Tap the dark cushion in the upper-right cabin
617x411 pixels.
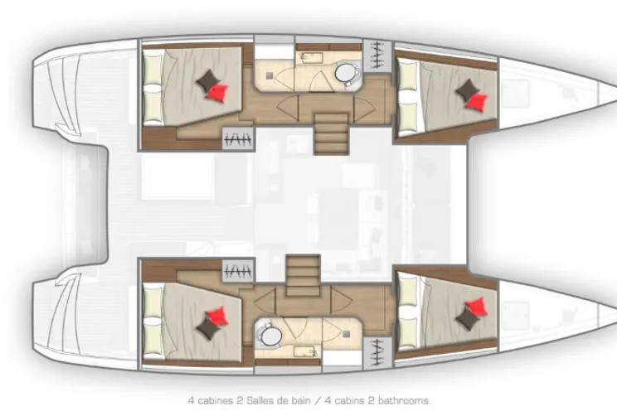point(467,89)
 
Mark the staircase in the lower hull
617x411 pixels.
point(302,272)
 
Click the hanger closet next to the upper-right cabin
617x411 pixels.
point(377,55)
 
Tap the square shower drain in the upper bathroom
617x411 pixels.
point(269,75)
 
